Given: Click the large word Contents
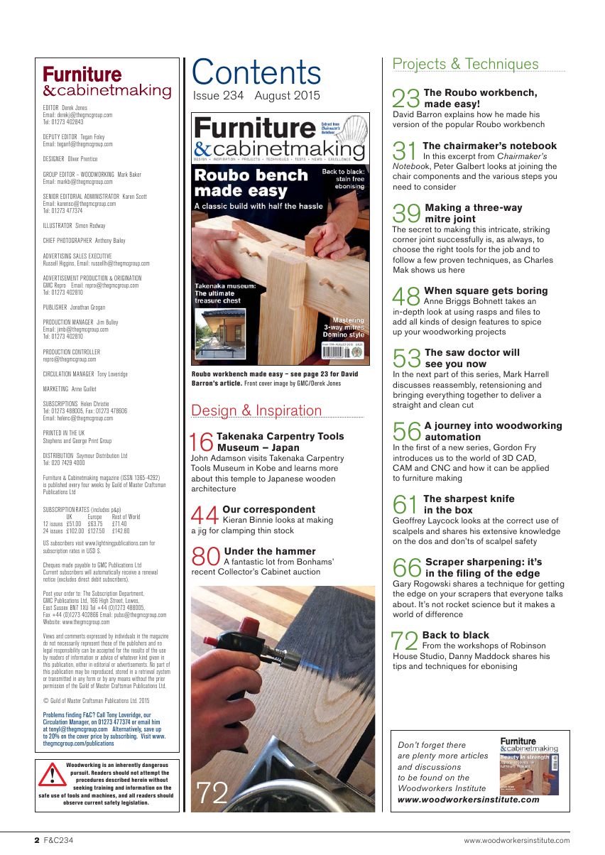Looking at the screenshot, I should [x=256, y=72].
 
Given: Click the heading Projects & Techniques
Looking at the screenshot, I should [x=466, y=64].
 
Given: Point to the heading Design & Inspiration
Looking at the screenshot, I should [x=257, y=410].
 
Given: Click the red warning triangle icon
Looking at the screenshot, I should [x=52, y=776].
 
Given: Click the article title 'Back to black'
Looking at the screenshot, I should [x=455, y=635].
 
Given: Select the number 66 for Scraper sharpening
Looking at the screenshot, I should [x=408, y=568].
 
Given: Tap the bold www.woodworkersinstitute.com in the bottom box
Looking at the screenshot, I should [x=469, y=799].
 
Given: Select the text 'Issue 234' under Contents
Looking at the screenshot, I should [x=218, y=96].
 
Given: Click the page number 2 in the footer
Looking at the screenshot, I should [x=37, y=840].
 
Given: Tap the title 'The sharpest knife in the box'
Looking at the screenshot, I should [x=469, y=504].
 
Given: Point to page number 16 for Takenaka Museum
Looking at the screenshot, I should [x=203, y=442].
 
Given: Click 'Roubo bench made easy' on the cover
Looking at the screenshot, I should [x=241, y=183].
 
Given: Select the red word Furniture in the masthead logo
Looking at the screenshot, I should [x=82, y=75].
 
